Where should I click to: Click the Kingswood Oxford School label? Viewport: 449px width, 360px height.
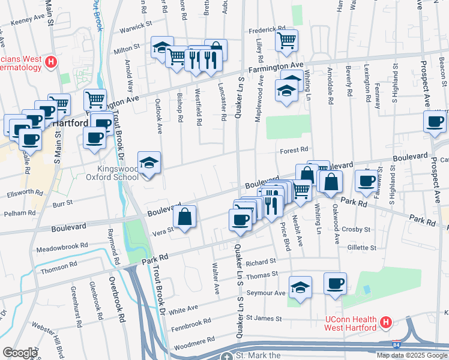point(125,173)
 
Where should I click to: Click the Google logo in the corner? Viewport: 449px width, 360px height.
point(20,353)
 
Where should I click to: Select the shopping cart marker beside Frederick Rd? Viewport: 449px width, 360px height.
point(287,40)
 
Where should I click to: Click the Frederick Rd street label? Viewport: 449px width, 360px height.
point(267,29)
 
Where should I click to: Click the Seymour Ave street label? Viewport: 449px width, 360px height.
point(268,293)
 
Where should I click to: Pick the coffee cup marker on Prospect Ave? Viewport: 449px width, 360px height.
point(435,121)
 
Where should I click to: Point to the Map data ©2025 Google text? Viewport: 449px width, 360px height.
point(412,355)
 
